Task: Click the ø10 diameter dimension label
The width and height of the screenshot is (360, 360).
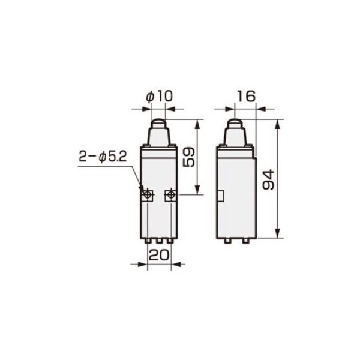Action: point(159,97)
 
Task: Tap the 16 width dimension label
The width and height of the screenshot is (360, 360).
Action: point(246,96)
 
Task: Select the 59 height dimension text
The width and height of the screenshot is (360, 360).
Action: point(189,157)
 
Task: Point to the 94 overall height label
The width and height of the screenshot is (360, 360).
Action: point(269,179)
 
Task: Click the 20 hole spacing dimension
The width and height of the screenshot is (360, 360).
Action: point(159,255)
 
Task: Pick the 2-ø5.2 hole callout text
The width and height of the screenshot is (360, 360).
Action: point(103,157)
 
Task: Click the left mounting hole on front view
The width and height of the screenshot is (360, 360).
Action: point(147,195)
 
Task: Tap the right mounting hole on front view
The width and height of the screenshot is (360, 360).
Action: point(170,195)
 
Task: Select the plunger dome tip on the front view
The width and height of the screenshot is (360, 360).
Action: point(158,121)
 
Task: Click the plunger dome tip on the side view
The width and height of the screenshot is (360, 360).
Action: point(235,121)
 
